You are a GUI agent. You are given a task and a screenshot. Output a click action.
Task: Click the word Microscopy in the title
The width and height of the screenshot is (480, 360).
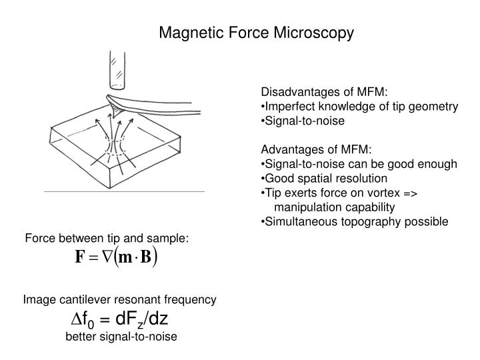[x=313, y=33]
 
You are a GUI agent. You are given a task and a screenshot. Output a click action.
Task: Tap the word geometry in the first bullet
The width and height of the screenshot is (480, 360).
[x=433, y=107]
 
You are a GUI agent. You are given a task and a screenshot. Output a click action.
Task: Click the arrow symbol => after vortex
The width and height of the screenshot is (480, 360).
[x=410, y=193]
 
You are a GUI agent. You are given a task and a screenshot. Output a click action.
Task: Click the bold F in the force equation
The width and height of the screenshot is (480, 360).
[x=79, y=257]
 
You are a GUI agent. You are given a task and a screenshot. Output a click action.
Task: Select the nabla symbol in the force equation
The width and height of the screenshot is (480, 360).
[x=107, y=257]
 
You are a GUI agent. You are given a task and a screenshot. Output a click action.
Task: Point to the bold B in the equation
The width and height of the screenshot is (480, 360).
[x=146, y=257]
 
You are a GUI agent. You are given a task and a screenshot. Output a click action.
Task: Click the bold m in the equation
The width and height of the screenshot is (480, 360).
[x=125, y=258]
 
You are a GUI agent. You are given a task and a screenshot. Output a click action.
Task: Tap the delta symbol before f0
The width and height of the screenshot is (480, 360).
[x=76, y=319]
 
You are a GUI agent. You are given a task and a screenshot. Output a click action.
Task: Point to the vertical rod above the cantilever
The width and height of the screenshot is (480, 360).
[x=117, y=71]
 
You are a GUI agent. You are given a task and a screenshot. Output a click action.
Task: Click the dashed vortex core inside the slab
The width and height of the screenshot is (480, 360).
[x=115, y=146]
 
